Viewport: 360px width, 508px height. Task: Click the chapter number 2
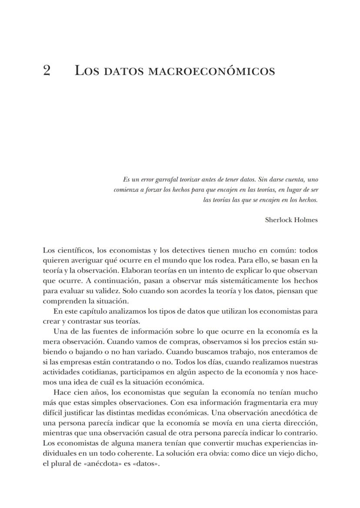(x=47, y=70)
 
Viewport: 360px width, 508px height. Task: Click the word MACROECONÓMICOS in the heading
(x=211, y=71)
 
